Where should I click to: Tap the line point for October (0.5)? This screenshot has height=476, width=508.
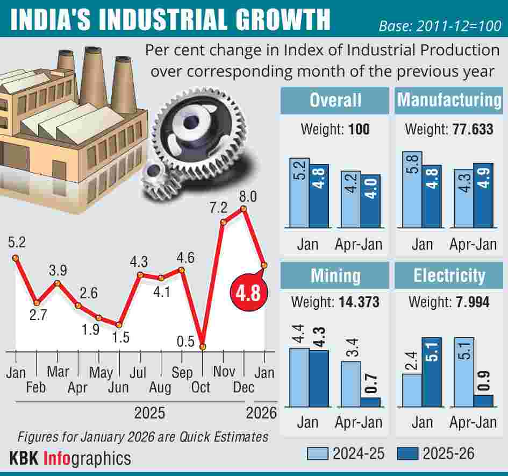203,347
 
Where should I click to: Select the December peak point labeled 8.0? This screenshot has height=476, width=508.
245,208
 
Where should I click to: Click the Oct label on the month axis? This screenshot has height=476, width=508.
201,387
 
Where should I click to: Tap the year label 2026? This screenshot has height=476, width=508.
261,413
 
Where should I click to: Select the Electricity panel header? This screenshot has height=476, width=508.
449,276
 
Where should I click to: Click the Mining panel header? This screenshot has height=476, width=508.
335,276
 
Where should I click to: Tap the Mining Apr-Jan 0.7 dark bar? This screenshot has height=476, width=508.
370,402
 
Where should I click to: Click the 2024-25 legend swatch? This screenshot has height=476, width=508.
317,453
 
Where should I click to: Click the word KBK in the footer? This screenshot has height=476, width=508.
24,458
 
